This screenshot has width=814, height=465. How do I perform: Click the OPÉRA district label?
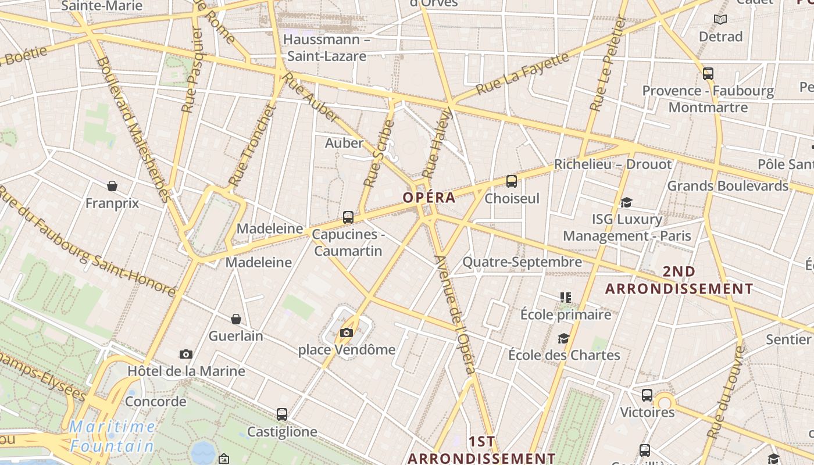tap(429, 198)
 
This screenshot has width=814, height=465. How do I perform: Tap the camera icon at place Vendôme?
tap(347, 332)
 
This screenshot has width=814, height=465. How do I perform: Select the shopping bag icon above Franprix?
tap(112, 186)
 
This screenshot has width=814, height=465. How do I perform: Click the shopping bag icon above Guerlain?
tap(236, 319)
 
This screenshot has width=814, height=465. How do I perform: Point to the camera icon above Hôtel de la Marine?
tap(186, 354)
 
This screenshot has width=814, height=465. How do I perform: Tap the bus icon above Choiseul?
tap(512, 181)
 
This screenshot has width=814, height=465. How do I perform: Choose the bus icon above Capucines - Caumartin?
tap(348, 217)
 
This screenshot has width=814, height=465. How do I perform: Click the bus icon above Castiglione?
tap(282, 414)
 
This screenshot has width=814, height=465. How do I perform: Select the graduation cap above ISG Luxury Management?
tap(626, 202)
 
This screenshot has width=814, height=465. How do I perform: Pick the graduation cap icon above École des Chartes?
tap(563, 338)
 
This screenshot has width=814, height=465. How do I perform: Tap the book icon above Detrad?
tap(720, 20)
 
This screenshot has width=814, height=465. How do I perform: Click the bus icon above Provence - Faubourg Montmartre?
tap(708, 74)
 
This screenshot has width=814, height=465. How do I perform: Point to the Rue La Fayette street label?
tap(522, 74)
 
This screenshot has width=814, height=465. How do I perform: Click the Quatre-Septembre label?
tap(522, 262)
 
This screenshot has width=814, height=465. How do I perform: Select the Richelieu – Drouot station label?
tap(613, 164)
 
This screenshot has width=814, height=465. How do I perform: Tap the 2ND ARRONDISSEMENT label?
tap(679, 280)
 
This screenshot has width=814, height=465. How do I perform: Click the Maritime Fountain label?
tap(112, 437)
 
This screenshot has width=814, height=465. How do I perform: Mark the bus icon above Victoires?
tap(647, 395)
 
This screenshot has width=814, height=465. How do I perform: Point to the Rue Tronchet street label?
tap(251, 145)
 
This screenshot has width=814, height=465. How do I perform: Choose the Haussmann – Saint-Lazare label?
tap(327, 48)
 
